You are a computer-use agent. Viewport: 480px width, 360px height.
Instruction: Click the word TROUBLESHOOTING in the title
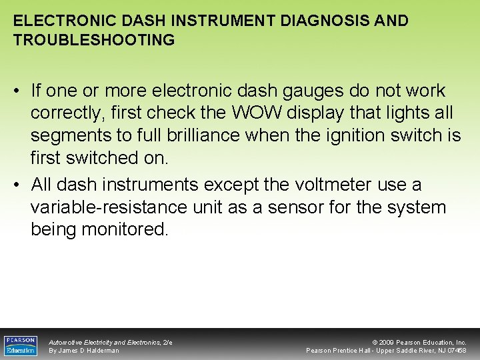point(94,40)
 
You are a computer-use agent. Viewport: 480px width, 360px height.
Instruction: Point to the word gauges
point(319,90)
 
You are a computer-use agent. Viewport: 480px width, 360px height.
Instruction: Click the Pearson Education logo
point(21,345)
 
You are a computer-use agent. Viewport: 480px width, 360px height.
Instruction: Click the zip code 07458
point(457,351)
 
